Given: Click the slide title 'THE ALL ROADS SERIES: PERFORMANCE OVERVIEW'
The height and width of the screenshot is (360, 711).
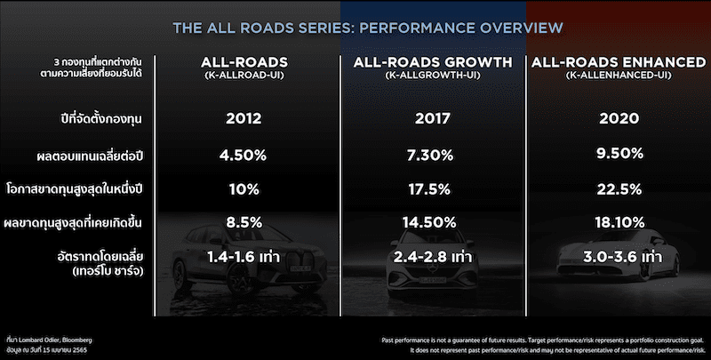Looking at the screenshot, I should coord(355,28).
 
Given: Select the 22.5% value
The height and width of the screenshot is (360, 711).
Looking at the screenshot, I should coord(609,190).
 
